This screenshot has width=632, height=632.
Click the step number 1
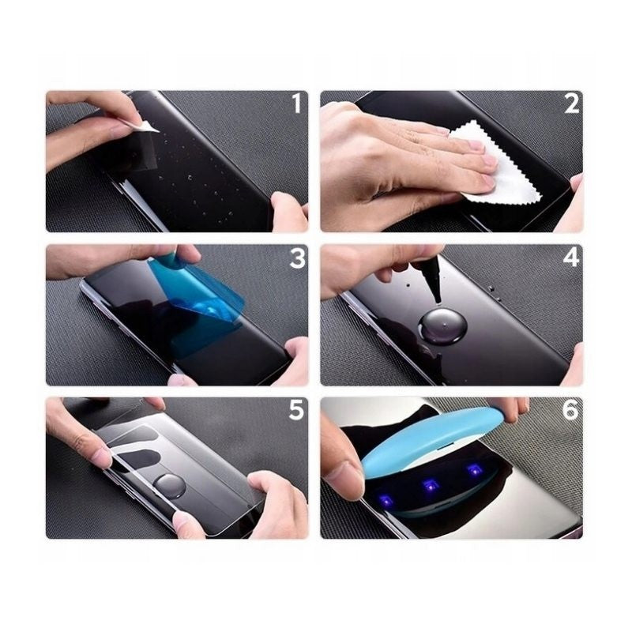[x=296, y=103]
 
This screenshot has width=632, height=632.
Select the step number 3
[x=296, y=258]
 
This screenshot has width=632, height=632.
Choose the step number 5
[x=296, y=411]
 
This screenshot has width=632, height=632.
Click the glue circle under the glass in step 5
[x=170, y=483]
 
